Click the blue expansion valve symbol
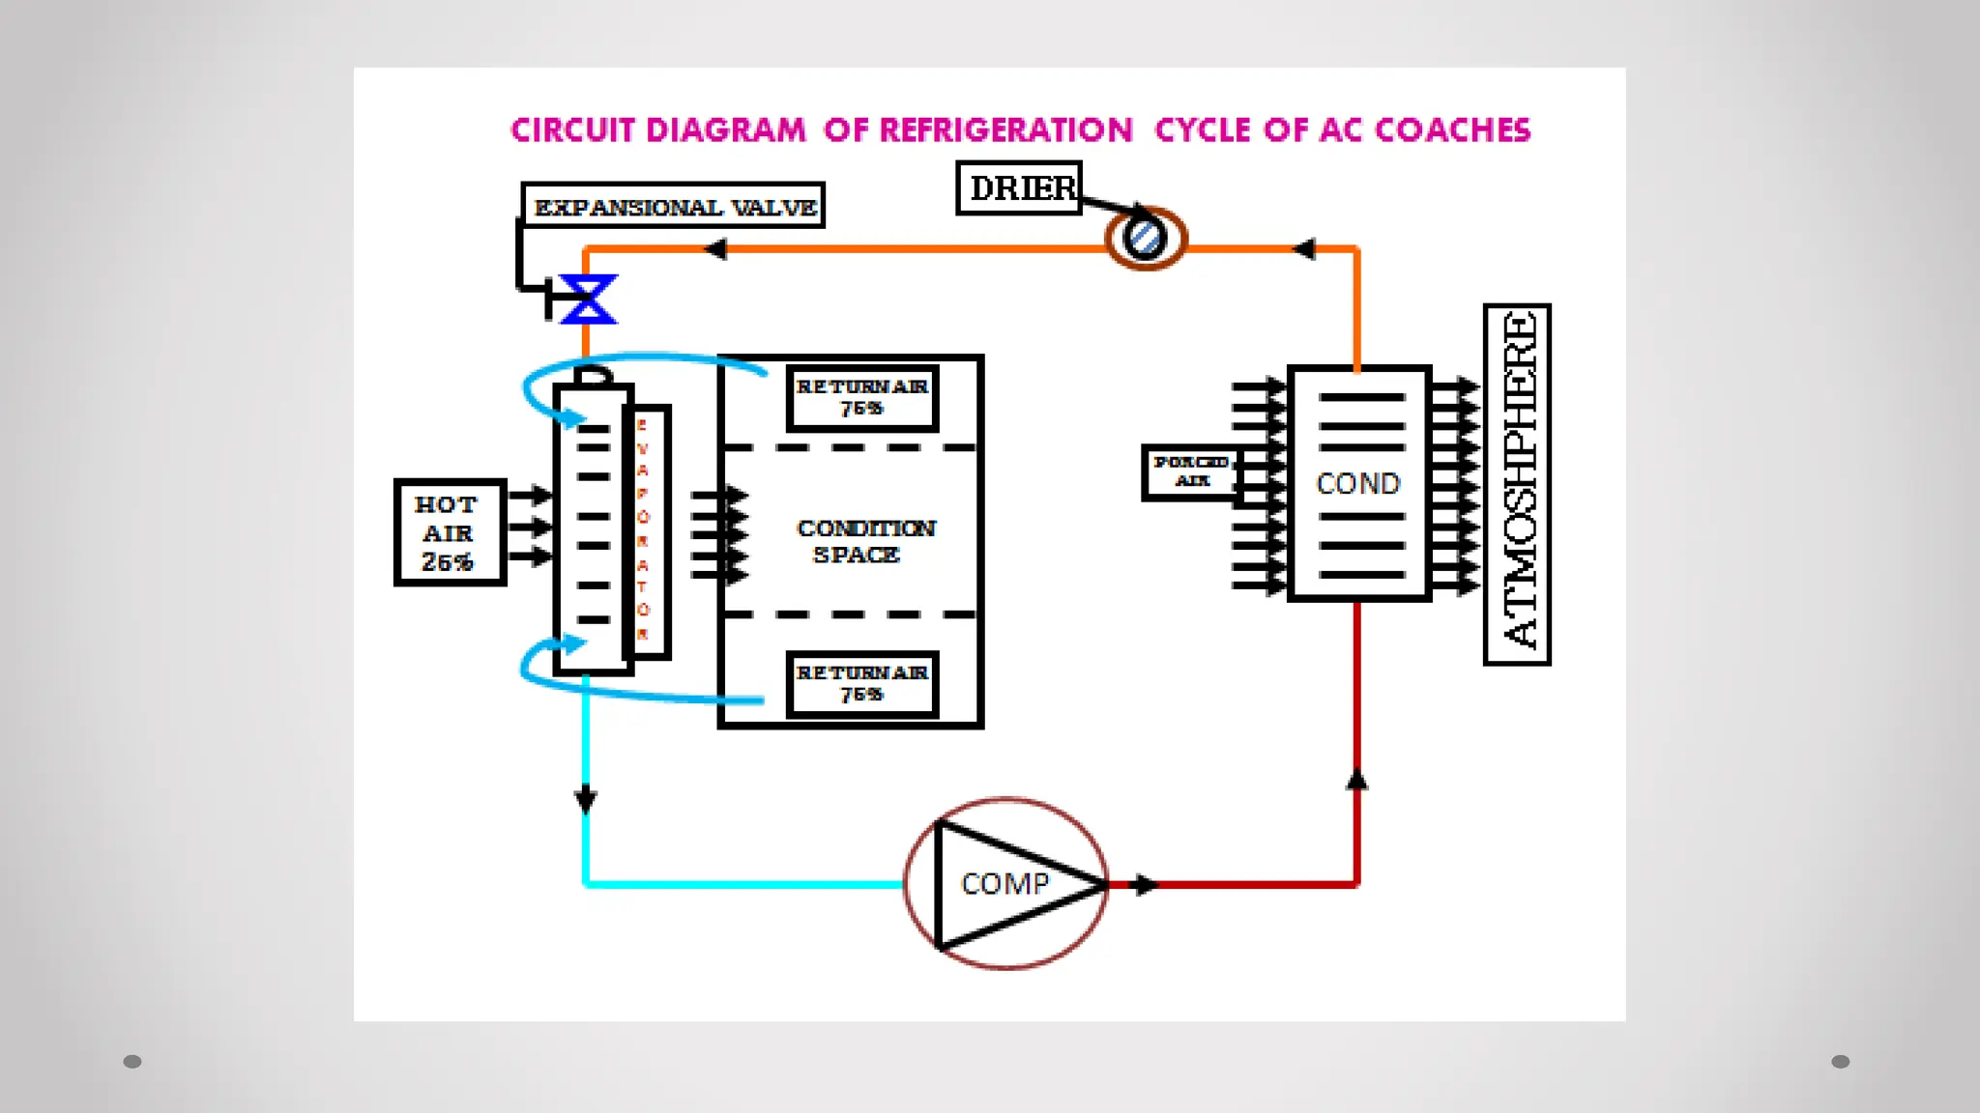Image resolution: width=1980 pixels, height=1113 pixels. (x=587, y=299)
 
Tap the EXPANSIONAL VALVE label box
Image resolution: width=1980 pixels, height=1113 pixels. (x=673, y=206)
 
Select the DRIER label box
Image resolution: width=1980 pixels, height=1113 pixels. (x=1019, y=187)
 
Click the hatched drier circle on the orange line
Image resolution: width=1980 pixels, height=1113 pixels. (x=1146, y=238)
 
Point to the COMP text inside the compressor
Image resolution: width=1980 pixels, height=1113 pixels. (x=1005, y=884)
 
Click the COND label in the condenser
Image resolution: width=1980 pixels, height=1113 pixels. (x=1357, y=483)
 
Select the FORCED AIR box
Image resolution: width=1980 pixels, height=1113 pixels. (x=1190, y=472)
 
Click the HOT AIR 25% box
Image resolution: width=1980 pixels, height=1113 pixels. (x=450, y=532)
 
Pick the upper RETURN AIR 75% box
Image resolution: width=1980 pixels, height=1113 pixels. (x=862, y=397)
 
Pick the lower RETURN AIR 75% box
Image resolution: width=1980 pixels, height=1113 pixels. (x=862, y=683)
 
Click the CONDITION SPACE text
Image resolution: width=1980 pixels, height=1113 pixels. (x=864, y=541)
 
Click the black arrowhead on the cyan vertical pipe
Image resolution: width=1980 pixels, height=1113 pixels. (x=586, y=800)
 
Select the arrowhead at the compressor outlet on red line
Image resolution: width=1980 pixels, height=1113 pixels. (x=1145, y=884)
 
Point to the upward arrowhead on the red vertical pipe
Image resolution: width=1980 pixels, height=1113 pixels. (x=1357, y=780)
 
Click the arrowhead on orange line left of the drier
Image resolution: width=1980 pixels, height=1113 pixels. (x=715, y=249)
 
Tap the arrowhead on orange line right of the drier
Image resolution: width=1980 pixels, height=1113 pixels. (x=1304, y=249)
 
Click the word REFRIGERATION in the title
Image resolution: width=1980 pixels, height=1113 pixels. (x=1005, y=130)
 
